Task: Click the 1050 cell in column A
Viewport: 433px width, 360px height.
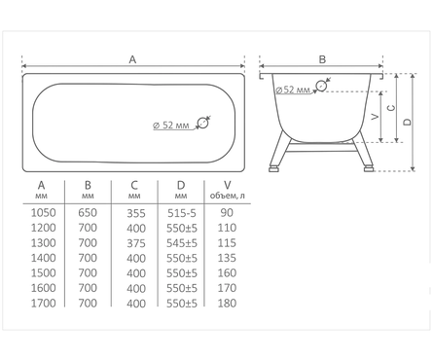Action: [43, 213]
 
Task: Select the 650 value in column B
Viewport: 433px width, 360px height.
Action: [88, 213]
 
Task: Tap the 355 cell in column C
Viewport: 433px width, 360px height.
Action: [136, 213]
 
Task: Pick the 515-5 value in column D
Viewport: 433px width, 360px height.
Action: [182, 213]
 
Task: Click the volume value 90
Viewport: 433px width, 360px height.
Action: [227, 213]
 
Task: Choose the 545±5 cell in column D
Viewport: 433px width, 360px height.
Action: [182, 243]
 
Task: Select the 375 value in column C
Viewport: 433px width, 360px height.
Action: [136, 243]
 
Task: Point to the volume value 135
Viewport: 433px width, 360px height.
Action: [227, 258]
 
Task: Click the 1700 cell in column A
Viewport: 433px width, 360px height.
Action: [43, 304]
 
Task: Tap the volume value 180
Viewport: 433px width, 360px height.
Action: [227, 304]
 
